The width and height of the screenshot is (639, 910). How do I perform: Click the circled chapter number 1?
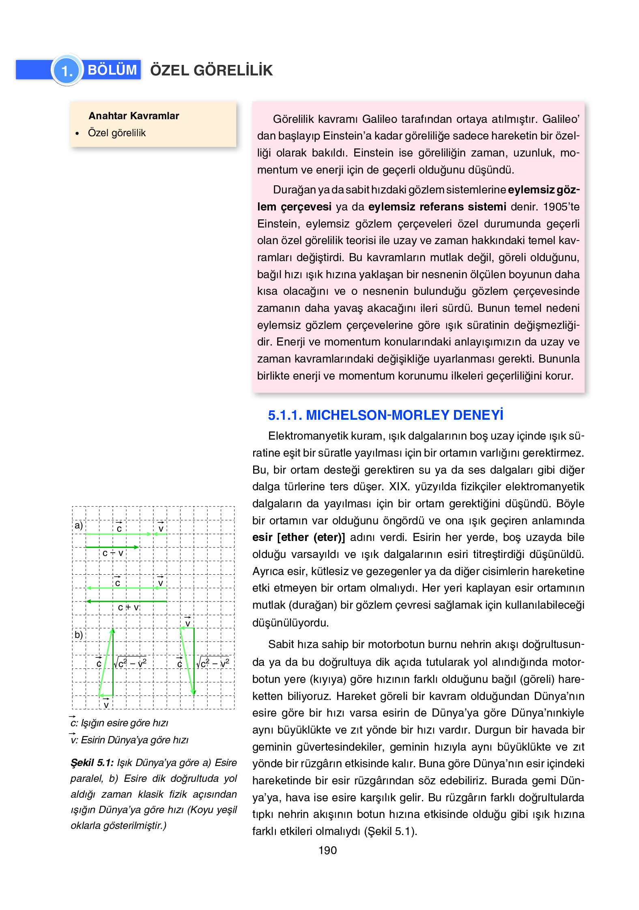(x=67, y=71)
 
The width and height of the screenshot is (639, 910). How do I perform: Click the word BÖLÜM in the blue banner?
(x=112, y=70)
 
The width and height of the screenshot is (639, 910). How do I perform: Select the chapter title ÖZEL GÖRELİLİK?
(x=211, y=70)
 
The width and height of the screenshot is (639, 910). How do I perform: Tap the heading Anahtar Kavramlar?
(x=134, y=116)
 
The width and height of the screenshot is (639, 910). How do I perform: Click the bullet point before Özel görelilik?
(x=77, y=133)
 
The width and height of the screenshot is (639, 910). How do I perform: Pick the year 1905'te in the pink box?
(x=561, y=207)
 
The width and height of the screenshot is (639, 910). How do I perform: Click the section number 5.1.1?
(x=285, y=415)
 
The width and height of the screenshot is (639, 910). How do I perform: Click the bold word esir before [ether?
(x=262, y=537)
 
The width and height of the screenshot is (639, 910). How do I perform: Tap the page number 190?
(x=327, y=850)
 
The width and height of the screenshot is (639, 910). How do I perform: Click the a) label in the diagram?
(x=79, y=526)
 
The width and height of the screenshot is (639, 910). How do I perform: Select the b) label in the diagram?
(x=79, y=635)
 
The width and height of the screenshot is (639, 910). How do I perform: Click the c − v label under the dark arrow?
(x=113, y=553)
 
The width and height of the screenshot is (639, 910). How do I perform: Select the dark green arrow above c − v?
(x=112, y=547)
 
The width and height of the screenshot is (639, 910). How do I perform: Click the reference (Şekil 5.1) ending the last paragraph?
(x=390, y=831)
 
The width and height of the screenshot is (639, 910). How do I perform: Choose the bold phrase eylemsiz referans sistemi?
(x=437, y=207)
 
